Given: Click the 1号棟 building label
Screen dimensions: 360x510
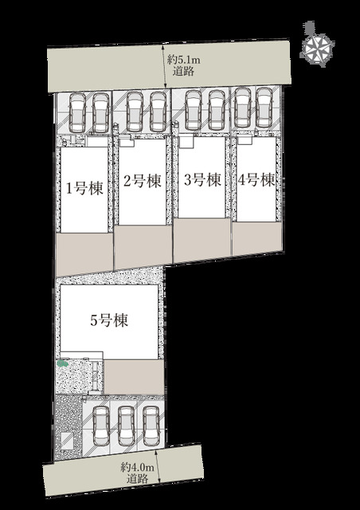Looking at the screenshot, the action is click(x=84, y=188).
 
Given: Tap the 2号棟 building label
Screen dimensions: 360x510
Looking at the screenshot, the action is click(x=143, y=181).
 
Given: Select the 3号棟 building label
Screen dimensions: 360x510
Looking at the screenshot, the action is click(x=202, y=179).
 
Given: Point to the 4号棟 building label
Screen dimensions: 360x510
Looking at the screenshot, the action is click(x=256, y=179).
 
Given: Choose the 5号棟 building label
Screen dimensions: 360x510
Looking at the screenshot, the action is click(x=109, y=320).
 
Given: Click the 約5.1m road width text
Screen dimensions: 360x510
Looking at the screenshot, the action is click(x=184, y=60).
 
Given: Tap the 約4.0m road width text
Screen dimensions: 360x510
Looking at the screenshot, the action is click(x=138, y=468).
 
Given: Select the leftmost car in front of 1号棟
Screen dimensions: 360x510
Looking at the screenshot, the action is click(x=78, y=112).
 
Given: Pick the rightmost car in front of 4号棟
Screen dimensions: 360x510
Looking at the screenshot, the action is click(x=264, y=108).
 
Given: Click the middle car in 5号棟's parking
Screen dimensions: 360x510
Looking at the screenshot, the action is click(x=126, y=426).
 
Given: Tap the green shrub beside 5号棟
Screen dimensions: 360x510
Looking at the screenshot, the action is click(x=62, y=363).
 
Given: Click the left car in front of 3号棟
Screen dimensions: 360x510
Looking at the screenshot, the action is click(x=194, y=110).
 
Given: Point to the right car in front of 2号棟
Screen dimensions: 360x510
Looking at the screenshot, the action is click(x=158, y=112).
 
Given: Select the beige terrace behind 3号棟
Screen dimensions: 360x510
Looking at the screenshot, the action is click(x=202, y=240).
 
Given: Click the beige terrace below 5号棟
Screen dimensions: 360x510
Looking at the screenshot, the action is click(x=134, y=377).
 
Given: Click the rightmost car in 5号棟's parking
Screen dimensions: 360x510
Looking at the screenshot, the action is click(x=151, y=426).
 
